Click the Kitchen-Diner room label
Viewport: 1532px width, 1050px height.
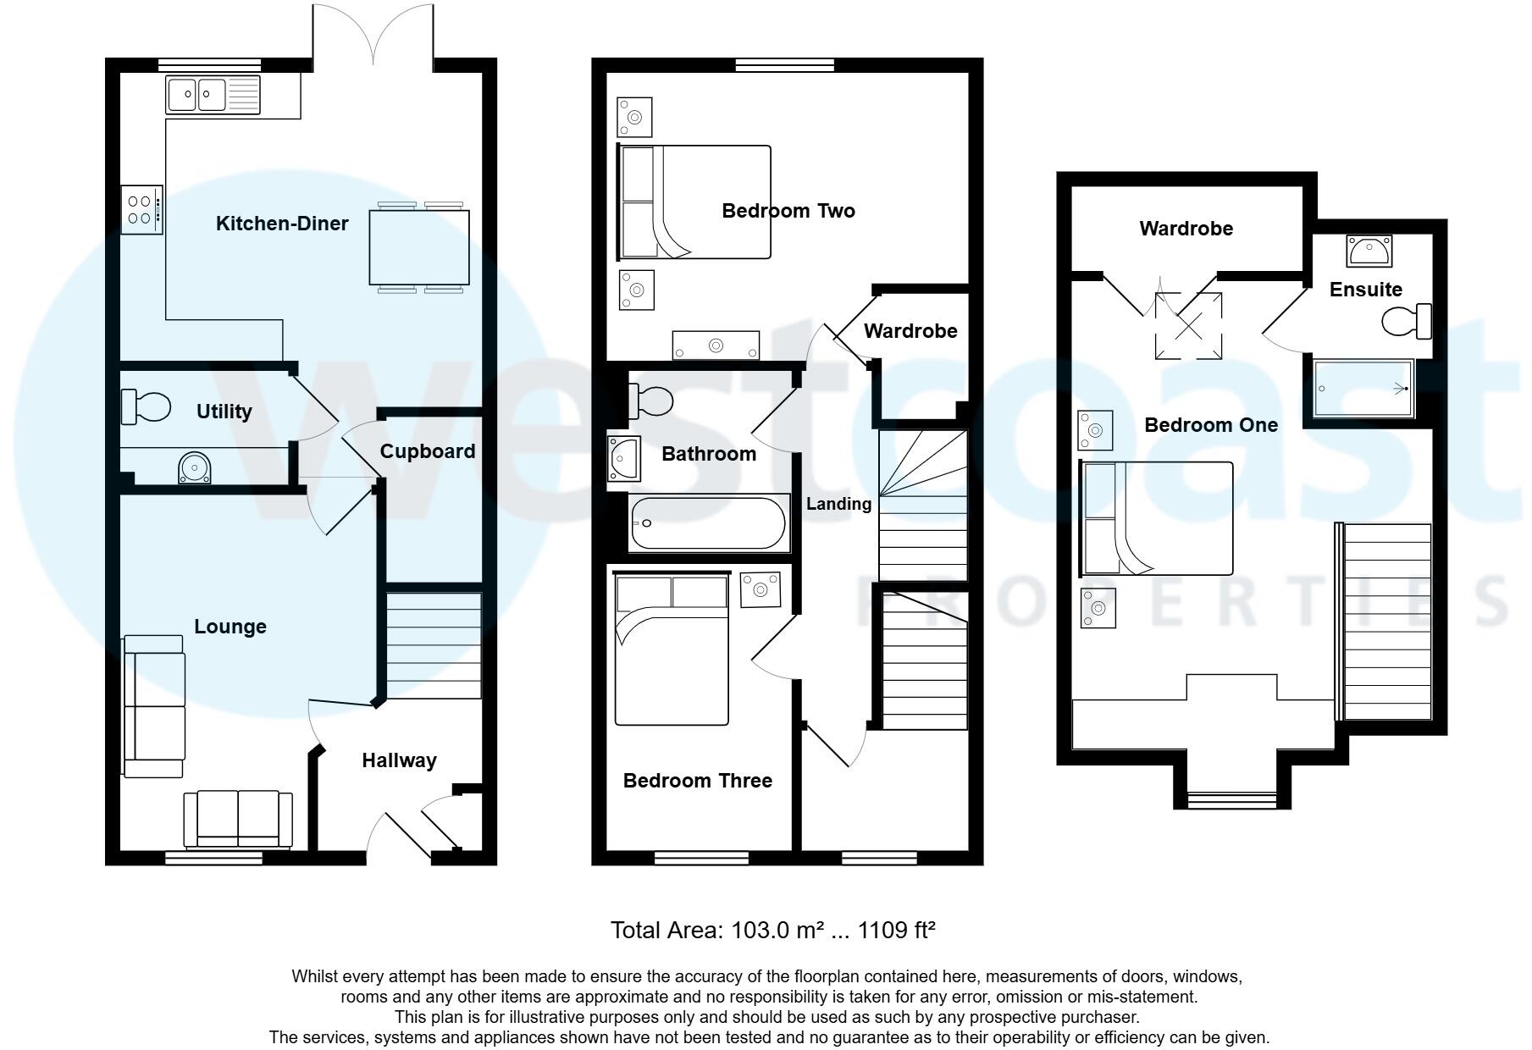(282, 224)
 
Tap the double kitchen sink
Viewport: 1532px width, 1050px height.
(213, 95)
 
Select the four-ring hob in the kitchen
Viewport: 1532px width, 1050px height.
(141, 210)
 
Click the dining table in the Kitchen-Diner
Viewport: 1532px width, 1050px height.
(419, 246)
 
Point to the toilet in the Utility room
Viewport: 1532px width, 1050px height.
(146, 406)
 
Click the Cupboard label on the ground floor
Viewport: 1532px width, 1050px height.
(427, 451)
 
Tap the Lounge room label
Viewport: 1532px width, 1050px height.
(230, 627)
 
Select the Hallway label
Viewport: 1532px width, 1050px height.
(399, 760)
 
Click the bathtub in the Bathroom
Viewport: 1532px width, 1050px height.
(708, 523)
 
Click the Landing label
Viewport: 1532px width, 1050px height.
(838, 505)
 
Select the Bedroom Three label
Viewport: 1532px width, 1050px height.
(697, 781)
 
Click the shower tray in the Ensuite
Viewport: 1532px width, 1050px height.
(1363, 389)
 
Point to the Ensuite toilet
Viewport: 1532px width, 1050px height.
(1407, 321)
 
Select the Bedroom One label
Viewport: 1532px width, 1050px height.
(1211, 425)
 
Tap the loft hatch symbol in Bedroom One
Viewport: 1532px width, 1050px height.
(1189, 325)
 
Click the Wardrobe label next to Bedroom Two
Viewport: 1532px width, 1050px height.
(910, 331)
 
